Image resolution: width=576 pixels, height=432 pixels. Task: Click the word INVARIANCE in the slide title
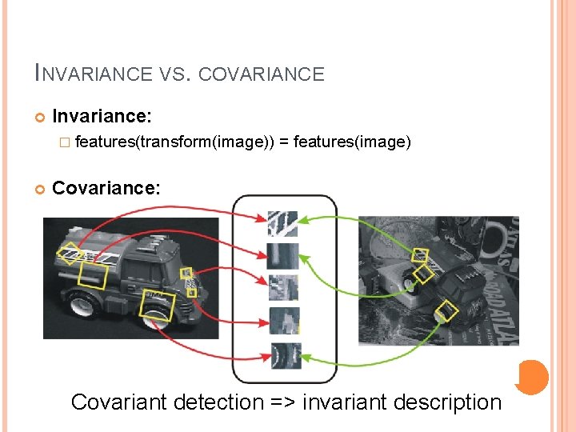tap(93, 74)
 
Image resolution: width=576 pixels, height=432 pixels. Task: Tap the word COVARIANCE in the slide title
tap(261, 74)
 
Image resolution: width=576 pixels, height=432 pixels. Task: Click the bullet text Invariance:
tap(101, 116)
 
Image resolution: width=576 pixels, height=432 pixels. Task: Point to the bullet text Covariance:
tap(106, 188)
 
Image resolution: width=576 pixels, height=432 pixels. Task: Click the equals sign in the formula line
tap(285, 142)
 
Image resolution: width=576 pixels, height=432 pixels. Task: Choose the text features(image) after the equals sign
tap(352, 142)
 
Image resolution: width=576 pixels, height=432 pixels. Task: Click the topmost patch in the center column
tap(283, 223)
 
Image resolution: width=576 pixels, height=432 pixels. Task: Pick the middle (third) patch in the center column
tap(283, 286)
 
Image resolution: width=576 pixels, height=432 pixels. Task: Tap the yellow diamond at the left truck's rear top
tap(70, 254)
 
